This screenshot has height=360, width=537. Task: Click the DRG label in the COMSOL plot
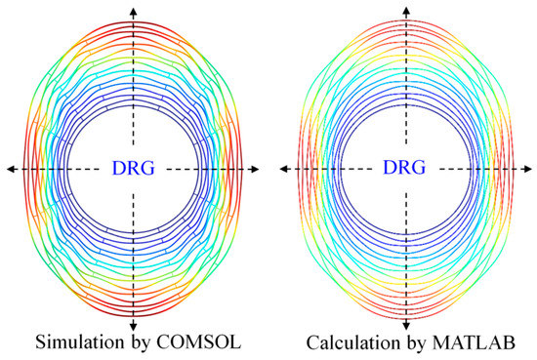click(x=133, y=169)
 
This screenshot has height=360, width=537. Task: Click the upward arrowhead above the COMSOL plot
click(x=133, y=8)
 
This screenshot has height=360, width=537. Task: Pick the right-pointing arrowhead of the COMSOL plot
click(x=256, y=169)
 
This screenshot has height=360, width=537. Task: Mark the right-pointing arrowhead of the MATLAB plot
click(x=528, y=169)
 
